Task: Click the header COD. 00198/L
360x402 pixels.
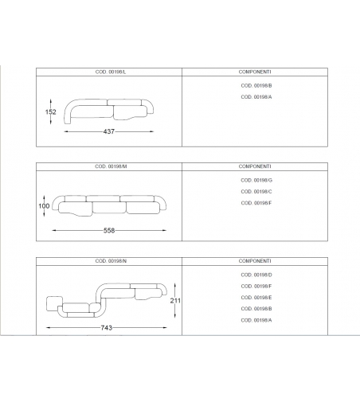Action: tap(111, 72)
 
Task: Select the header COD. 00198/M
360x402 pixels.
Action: tap(111, 166)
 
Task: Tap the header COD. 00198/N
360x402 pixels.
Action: tap(111, 261)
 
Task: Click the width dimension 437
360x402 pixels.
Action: tap(109, 131)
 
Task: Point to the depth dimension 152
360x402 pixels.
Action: tap(50, 111)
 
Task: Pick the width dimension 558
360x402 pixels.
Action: tap(109, 231)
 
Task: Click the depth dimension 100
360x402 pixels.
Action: tap(44, 206)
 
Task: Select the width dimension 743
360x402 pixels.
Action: tap(107, 328)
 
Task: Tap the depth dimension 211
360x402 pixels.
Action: tap(175, 301)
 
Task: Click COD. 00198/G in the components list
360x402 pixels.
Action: tap(256, 180)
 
